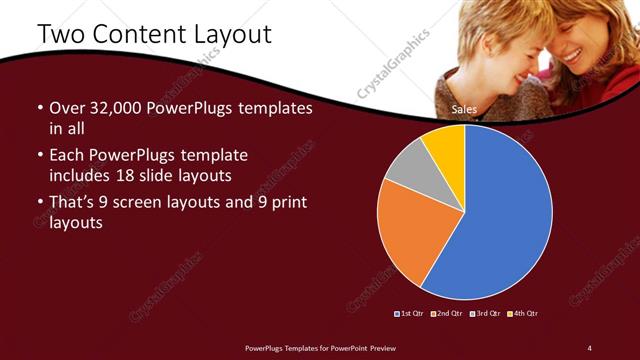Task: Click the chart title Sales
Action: click(x=463, y=109)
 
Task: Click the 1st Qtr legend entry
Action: click(x=409, y=314)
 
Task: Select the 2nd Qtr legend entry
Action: click(x=446, y=314)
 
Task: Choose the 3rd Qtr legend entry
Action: click(x=484, y=314)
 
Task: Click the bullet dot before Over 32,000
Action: click(x=39, y=108)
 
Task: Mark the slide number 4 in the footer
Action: click(x=589, y=347)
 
